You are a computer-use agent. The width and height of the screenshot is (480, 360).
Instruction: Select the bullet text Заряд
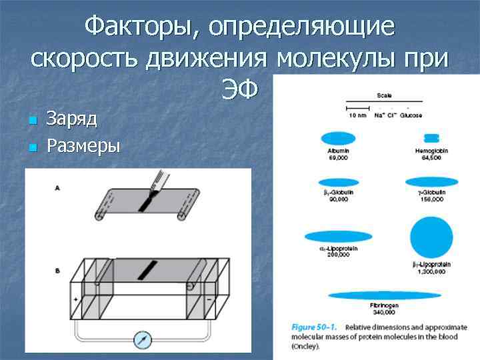72,119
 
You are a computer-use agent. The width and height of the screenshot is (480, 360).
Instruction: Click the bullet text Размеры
83,146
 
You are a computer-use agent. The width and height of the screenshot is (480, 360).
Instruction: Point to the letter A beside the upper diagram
57,189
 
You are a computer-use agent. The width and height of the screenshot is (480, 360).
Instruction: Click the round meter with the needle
143,339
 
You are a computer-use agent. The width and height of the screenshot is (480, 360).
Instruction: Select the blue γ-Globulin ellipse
432,181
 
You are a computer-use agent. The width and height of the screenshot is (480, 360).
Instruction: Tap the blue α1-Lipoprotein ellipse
339,236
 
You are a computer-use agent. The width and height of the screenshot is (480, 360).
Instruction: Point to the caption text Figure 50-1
313,327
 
